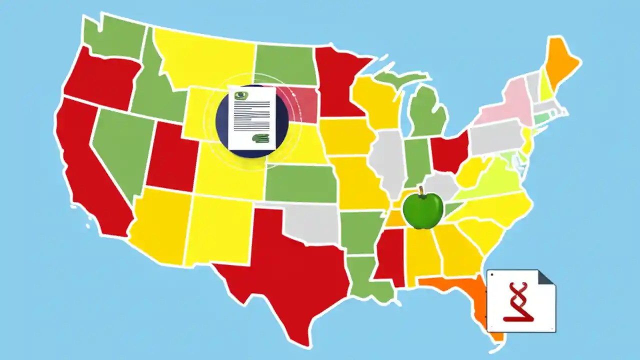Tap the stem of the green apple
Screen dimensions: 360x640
click(x=421, y=190)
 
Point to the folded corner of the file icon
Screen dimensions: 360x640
click(x=546, y=277)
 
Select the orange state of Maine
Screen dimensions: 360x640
click(x=560, y=65)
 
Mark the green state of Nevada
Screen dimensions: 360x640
click(x=120, y=150)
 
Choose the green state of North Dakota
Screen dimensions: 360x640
click(x=285, y=65)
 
